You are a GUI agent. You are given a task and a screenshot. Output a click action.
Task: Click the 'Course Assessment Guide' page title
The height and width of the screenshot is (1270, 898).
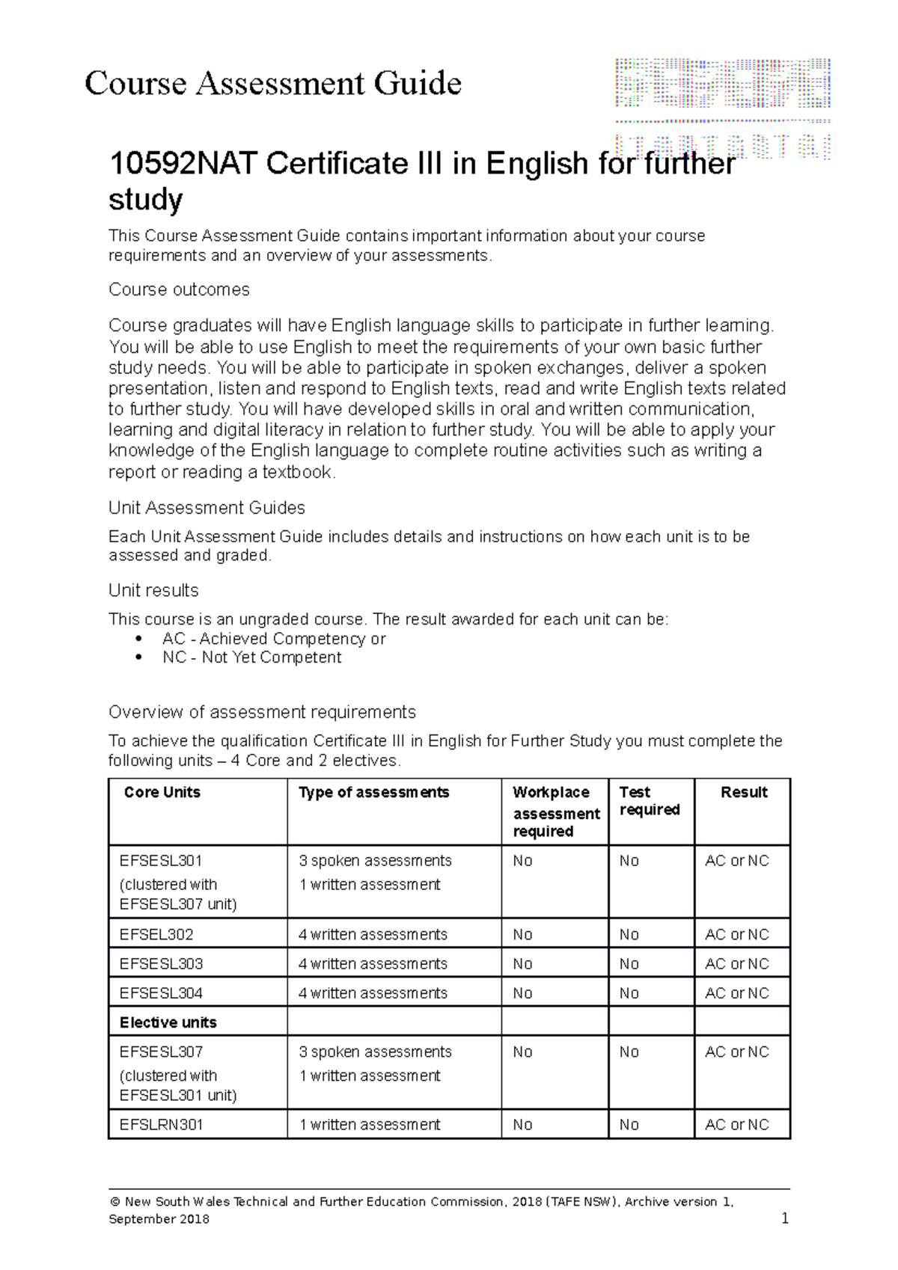tap(273, 83)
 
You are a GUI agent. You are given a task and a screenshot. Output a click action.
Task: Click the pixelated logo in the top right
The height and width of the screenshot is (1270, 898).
tap(722, 108)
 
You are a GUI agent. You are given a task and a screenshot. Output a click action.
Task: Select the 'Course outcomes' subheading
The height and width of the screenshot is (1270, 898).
tap(179, 289)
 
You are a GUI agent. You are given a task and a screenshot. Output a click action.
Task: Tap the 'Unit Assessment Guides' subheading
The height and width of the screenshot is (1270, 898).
tap(207, 508)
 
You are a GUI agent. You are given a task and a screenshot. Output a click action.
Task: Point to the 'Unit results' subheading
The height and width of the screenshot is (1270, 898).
tap(153, 590)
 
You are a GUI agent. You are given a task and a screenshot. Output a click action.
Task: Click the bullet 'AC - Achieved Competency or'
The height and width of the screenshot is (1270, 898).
tap(274, 639)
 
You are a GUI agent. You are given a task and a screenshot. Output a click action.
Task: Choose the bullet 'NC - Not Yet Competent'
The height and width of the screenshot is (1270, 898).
tap(251, 657)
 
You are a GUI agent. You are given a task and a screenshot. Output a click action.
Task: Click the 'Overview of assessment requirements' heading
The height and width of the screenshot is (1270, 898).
tap(262, 711)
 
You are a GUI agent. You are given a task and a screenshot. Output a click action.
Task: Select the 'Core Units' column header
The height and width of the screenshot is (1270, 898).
tap(162, 792)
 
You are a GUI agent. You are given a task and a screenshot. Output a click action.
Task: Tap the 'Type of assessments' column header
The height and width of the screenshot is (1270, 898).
tap(373, 792)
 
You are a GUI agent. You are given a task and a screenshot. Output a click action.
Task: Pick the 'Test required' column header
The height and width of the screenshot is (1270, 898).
tap(650, 801)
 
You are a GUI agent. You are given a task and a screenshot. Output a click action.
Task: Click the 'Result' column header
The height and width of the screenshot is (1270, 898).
tap(744, 792)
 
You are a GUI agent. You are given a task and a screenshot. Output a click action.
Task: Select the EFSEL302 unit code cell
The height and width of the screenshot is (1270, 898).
tap(156, 934)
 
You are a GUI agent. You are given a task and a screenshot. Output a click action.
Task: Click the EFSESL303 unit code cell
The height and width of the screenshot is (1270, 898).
tap(161, 963)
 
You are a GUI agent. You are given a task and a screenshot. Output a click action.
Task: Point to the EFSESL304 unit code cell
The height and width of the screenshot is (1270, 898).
tap(161, 993)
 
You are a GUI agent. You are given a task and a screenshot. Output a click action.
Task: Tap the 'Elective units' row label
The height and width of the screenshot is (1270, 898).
tap(168, 1022)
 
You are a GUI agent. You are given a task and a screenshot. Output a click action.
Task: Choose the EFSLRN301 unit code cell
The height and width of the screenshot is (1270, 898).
tap(161, 1124)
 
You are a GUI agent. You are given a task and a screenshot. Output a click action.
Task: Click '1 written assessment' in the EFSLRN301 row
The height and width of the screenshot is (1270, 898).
tap(370, 1124)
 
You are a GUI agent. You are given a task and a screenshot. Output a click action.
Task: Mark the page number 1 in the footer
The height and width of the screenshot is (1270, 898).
tap(785, 1218)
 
